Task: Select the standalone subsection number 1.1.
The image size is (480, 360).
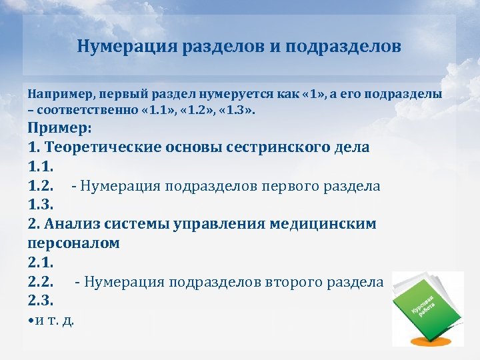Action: coord(42,166)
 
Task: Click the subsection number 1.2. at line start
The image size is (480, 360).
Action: coord(42,185)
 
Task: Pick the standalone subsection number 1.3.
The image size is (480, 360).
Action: coord(42,205)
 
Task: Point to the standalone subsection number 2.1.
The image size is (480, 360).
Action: coord(42,263)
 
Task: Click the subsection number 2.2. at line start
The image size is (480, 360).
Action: coord(42,282)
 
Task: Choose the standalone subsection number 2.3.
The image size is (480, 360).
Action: coord(42,301)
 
